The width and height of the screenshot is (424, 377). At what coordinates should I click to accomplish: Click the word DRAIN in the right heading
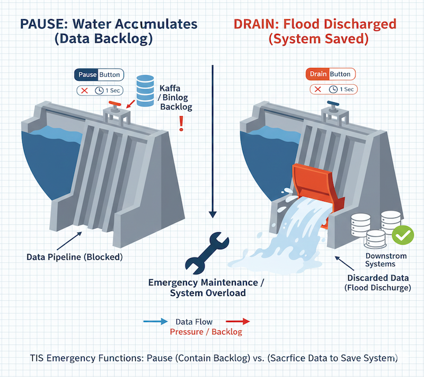click(x=254, y=24)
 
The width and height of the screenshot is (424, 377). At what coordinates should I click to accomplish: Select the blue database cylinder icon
click(x=145, y=91)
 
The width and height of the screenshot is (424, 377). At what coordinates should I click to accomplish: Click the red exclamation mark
click(x=181, y=124)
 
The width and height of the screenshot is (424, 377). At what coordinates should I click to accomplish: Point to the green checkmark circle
click(x=403, y=235)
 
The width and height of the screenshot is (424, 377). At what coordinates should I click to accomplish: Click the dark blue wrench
click(x=207, y=253)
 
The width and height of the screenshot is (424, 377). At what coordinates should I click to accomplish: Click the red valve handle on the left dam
click(x=115, y=103)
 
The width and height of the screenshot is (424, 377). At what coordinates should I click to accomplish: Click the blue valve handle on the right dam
click(x=333, y=103)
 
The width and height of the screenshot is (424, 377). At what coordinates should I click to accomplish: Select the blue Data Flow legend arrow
click(x=155, y=321)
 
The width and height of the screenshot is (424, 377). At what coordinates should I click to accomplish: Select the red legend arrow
click(x=237, y=321)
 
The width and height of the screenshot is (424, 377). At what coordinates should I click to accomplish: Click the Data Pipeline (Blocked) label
click(x=75, y=257)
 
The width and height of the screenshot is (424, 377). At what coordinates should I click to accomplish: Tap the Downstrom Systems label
click(x=386, y=260)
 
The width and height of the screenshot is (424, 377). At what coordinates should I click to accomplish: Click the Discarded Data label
click(x=378, y=278)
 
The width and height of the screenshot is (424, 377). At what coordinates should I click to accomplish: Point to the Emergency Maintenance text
click(x=204, y=282)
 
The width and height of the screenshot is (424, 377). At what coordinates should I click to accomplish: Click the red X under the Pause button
click(x=84, y=91)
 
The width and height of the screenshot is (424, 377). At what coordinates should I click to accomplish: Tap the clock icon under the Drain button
click(x=333, y=89)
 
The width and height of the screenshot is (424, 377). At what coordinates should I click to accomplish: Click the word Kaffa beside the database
click(x=170, y=89)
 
